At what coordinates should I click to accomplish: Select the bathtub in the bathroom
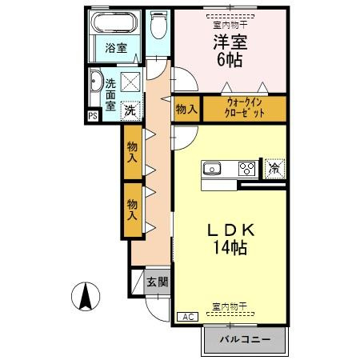(117, 25)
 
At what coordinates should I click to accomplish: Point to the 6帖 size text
(229, 59)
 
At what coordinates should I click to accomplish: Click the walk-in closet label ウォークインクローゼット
(243, 108)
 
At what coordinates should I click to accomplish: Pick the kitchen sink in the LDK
(213, 168)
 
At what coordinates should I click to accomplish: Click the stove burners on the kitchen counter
(247, 168)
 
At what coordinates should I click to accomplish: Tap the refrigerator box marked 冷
(274, 168)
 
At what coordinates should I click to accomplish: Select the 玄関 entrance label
(157, 282)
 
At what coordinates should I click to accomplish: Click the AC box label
(185, 318)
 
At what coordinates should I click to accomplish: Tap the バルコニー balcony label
(244, 341)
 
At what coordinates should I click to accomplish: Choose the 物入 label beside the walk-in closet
(186, 109)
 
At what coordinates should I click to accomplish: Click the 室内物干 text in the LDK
(230, 306)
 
